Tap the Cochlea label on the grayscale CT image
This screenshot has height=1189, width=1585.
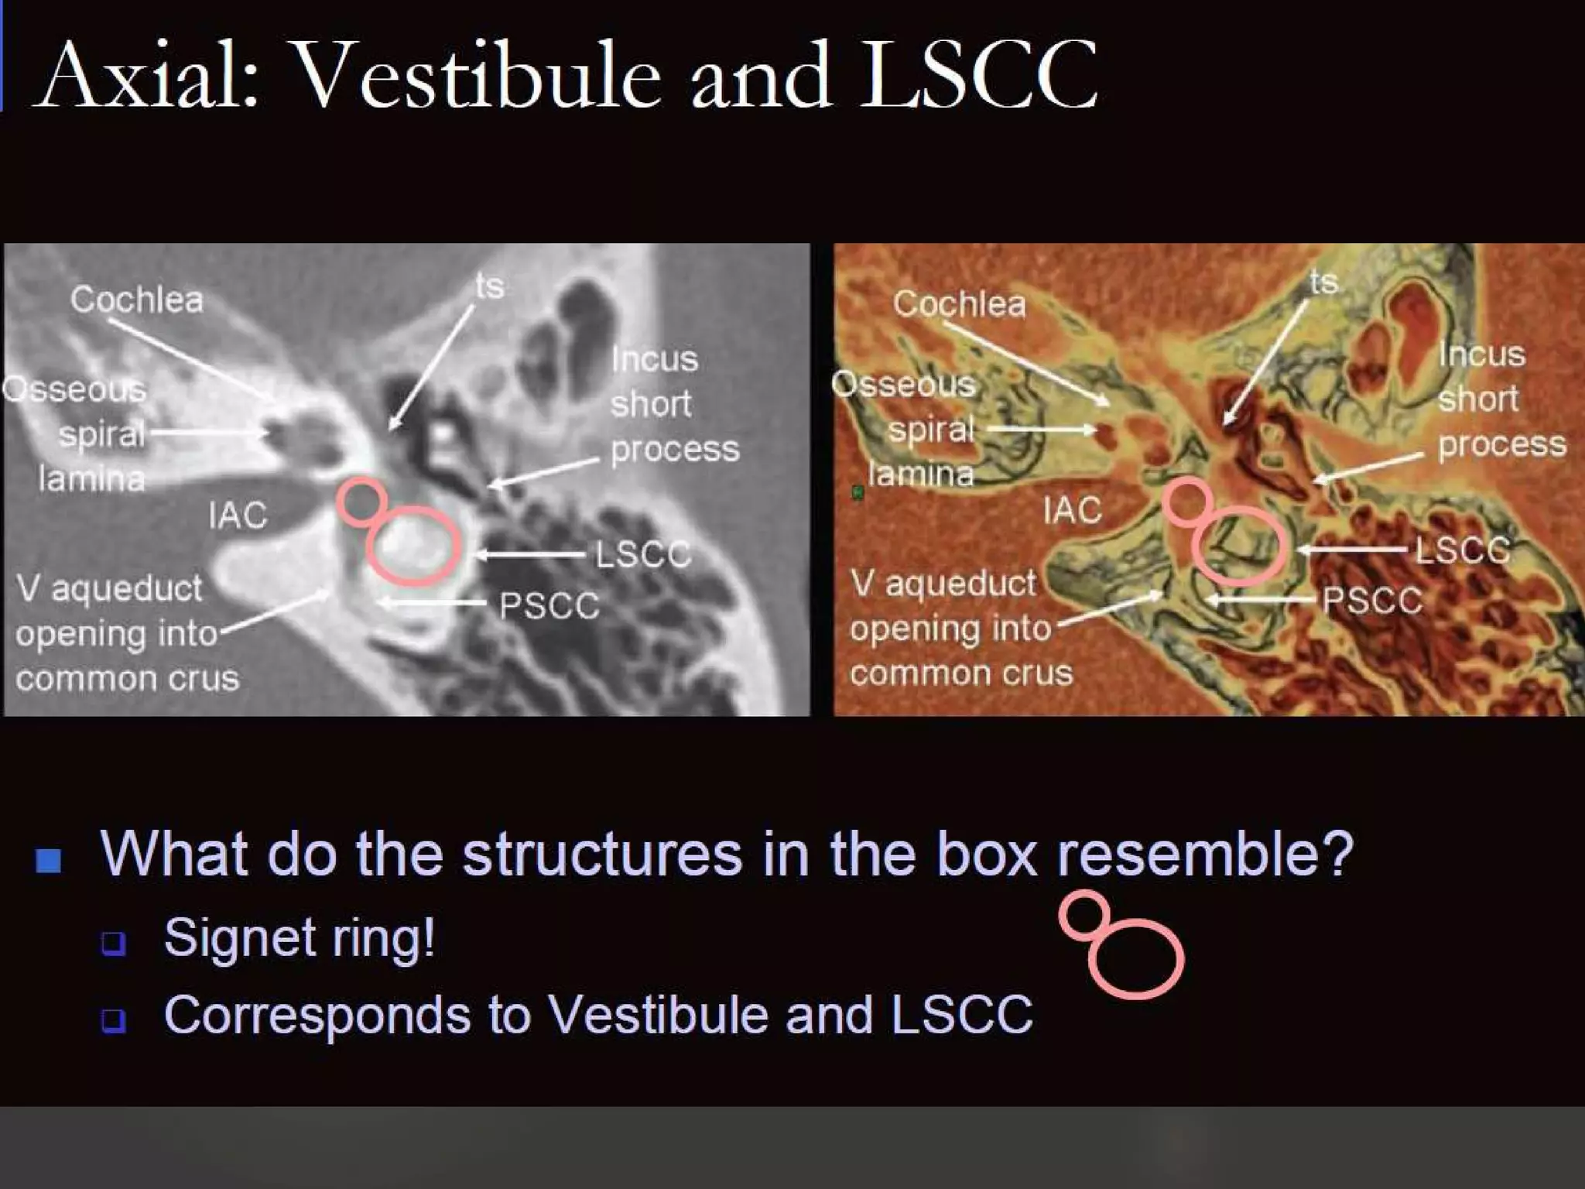[x=137, y=300]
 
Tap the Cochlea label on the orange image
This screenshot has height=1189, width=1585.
[x=959, y=303]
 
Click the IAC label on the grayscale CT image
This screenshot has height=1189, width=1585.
[x=238, y=516]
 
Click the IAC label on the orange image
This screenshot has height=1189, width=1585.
[x=1072, y=511]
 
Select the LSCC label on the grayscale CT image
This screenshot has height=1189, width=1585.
[x=642, y=554]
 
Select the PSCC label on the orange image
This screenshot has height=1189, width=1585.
[x=1372, y=600]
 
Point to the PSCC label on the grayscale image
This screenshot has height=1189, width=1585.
[x=549, y=605]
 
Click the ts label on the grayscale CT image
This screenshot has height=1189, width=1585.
[x=490, y=286]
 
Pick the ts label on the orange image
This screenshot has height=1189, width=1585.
[x=1324, y=282]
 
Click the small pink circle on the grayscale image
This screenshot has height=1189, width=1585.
[x=361, y=502]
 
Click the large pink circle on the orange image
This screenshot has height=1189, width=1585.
[x=1240, y=545]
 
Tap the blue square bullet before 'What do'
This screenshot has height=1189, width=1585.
[x=49, y=860]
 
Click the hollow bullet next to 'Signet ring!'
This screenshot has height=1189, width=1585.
[x=113, y=942]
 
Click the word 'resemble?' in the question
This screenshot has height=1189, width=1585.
[x=1205, y=854]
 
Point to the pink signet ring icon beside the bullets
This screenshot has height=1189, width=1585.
[x=1122, y=945]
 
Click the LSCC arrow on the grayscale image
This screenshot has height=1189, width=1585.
[x=529, y=554]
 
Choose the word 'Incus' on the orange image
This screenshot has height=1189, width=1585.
[x=1481, y=355]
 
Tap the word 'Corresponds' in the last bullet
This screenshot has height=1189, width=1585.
[x=317, y=1015]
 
